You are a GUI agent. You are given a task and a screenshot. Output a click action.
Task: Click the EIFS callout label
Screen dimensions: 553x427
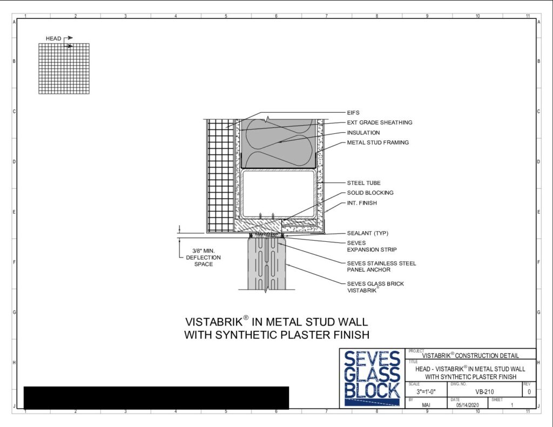(x=353, y=112)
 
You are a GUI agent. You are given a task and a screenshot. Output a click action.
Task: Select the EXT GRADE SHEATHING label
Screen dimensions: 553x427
(x=380, y=123)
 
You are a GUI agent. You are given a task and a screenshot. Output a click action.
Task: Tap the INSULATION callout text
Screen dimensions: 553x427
(x=363, y=133)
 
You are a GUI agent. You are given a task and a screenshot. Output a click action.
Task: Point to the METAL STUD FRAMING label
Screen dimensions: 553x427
(x=377, y=143)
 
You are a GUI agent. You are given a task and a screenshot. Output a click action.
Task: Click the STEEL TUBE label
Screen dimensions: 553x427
(x=363, y=182)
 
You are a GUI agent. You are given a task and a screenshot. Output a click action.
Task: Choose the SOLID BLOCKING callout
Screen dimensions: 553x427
(x=370, y=193)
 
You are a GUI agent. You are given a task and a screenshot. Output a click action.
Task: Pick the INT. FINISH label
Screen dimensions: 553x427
(x=362, y=203)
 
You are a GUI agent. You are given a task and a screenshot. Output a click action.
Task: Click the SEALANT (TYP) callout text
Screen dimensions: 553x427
(x=367, y=233)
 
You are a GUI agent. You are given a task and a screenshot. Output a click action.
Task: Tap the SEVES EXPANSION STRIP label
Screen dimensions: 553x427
(x=372, y=246)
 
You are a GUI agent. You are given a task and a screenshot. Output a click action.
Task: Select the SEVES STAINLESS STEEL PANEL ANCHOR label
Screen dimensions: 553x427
(x=381, y=266)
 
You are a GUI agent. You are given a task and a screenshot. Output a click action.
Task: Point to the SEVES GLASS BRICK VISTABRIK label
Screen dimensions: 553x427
(x=375, y=287)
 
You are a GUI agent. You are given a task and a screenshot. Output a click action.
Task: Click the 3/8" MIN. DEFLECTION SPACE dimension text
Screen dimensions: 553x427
(x=204, y=257)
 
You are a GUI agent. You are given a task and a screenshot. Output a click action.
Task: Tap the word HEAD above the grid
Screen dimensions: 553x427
(x=53, y=38)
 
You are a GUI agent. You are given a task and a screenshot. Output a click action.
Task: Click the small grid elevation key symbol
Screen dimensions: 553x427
(x=64, y=69)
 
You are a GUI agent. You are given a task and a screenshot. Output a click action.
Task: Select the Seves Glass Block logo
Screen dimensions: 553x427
(x=372, y=378)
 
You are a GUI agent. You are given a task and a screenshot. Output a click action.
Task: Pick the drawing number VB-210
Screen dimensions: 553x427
(x=484, y=392)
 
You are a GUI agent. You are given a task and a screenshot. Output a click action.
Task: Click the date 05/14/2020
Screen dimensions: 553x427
(x=467, y=405)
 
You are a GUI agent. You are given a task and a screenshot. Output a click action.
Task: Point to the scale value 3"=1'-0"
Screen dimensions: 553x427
(x=426, y=392)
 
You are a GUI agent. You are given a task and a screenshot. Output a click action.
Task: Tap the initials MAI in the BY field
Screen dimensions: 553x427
(x=426, y=405)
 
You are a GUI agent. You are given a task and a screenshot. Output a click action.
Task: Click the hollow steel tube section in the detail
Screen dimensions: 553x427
(x=278, y=194)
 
